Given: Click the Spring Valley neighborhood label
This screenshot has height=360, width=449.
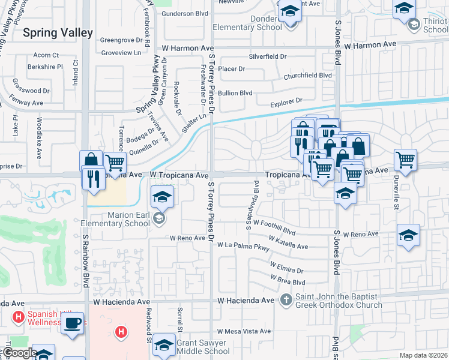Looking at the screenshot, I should pyautogui.click(x=58, y=33).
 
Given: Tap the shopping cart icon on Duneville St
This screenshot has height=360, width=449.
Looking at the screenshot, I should pyautogui.click(x=406, y=160).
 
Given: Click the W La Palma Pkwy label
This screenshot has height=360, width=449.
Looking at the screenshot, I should pyautogui.click(x=244, y=245).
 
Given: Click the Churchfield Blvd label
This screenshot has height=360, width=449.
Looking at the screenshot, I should pyautogui.click(x=307, y=76).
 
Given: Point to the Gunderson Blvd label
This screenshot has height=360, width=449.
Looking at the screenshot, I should pyautogui.click(x=186, y=13).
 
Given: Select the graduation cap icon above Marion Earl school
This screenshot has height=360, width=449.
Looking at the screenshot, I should pyautogui.click(x=161, y=196).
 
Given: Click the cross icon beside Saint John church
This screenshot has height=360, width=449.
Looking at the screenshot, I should pyautogui.click(x=286, y=299).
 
